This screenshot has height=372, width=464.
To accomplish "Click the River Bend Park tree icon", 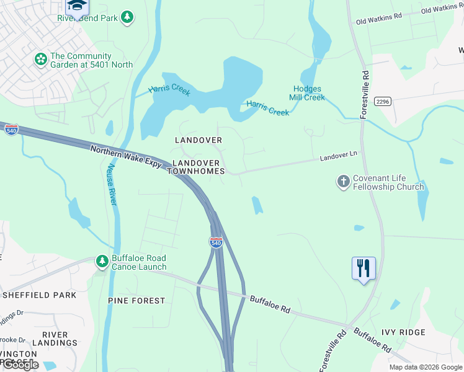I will tap(127, 17).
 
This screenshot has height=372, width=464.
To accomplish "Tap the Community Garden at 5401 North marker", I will tap(41, 60).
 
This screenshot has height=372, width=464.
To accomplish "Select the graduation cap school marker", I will tap(77, 6).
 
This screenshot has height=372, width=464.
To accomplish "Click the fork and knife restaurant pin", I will tap(364, 268).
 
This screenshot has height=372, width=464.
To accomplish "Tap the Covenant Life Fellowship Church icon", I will tap(343, 182).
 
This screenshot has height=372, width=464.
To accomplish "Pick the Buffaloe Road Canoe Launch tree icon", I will tap(102, 262).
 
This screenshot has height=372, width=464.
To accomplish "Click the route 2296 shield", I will tap(382, 102).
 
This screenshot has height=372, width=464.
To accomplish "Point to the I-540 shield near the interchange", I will tap(216, 242).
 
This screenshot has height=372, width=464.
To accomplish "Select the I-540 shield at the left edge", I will tap(11, 129).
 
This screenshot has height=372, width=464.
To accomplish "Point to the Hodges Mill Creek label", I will tap(307, 93).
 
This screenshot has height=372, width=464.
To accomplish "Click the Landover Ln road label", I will tap(339, 158).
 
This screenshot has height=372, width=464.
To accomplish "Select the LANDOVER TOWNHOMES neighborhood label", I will tap(199, 166).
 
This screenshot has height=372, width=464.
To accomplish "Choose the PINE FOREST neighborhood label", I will tap(136, 301).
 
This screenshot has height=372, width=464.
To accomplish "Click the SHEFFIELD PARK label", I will tap(38, 295).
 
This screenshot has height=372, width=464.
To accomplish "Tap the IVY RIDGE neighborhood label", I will tap(404, 332).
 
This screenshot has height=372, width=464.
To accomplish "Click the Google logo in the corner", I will tap(20, 365).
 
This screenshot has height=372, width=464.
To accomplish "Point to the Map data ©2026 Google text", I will tap(426, 367).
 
